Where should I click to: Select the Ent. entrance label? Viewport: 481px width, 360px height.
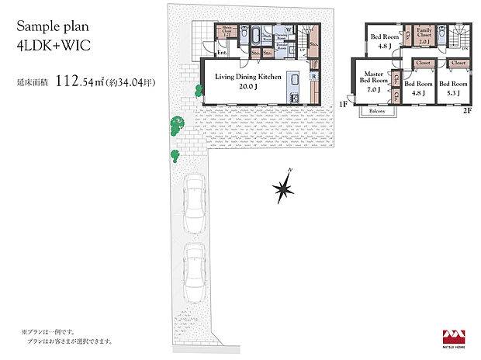pyautogui.click(x=222, y=54)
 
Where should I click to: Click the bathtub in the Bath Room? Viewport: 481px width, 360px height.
pyautogui.click(x=254, y=36)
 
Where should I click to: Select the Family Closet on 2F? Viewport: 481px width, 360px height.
pyautogui.click(x=424, y=36)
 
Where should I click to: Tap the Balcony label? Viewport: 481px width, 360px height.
pyautogui.click(x=376, y=111)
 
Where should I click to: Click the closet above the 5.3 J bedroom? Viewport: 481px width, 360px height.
pyautogui.click(x=458, y=62)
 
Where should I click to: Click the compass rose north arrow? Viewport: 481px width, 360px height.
pyautogui.click(x=284, y=187)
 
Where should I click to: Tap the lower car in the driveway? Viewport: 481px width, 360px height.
pyautogui.click(x=194, y=270)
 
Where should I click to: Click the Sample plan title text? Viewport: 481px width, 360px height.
pyautogui.click(x=51, y=25)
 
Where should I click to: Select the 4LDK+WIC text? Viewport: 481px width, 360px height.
pyautogui.click(x=51, y=45)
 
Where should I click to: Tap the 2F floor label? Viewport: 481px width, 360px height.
pyautogui.click(x=468, y=111)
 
